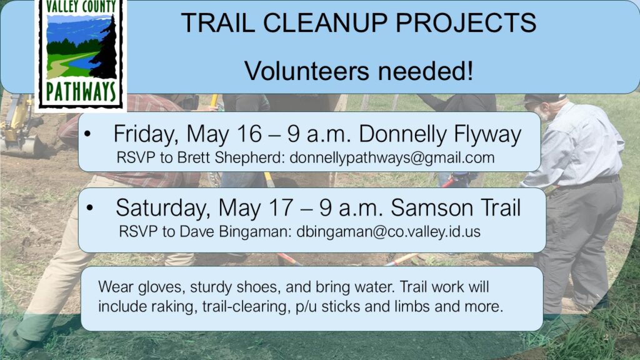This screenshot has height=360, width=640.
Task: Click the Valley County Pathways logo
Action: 81,54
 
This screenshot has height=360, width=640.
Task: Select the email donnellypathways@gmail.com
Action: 392,158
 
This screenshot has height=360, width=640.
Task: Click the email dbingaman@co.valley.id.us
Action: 388,232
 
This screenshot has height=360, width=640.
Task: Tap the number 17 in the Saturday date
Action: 281,207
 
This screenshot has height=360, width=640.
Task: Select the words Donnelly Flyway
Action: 440,135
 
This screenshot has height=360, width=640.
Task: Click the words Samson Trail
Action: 456,207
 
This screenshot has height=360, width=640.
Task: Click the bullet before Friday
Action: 87,134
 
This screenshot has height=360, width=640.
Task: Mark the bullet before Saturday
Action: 90,207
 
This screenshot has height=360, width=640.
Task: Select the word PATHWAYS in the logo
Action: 81,92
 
